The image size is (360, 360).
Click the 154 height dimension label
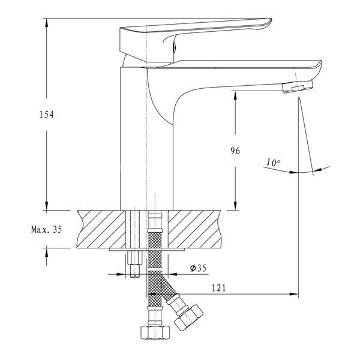pos(47,115)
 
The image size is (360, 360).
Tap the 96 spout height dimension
pos(235,151)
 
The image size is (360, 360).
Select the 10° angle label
pos(273,163)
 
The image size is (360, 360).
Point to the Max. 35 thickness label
pos(47,229)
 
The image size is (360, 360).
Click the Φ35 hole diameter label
pos(199,268)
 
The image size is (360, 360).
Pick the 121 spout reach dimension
pos(218,287)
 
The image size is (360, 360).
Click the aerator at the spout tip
pos(298,87)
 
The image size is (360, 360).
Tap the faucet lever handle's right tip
pos(271,20)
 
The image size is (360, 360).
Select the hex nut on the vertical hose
pos(155,332)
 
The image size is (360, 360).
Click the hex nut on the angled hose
pos(188,317)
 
